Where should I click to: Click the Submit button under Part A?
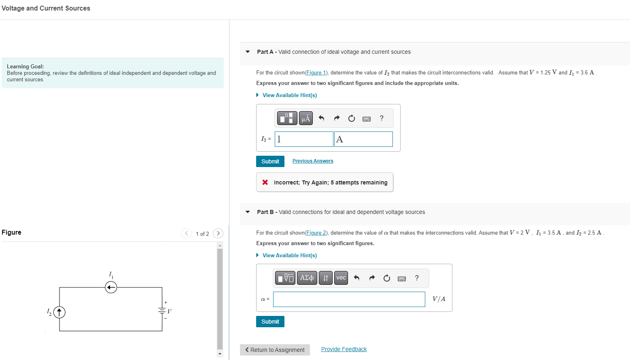(x=270, y=161)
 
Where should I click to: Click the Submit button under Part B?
(x=270, y=322)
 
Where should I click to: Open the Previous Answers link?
(x=313, y=161)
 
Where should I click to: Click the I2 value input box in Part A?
(x=304, y=139)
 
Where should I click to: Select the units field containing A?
(x=363, y=139)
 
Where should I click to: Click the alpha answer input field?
(x=349, y=299)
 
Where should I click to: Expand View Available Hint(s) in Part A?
(x=289, y=95)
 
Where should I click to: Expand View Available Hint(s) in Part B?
(x=289, y=255)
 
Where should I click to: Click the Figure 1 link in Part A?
(x=316, y=73)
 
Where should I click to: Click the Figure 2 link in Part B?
(x=316, y=233)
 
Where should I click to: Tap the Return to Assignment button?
(x=275, y=350)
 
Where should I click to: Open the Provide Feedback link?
(x=344, y=349)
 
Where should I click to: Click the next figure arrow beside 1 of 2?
(x=218, y=233)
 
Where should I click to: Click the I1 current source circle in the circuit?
(x=111, y=288)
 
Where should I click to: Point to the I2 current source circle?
(x=59, y=312)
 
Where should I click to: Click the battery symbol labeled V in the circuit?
(x=162, y=311)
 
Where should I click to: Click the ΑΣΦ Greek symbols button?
(x=307, y=278)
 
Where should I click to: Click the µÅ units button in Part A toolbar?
(x=306, y=118)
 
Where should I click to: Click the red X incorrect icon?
(x=265, y=182)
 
